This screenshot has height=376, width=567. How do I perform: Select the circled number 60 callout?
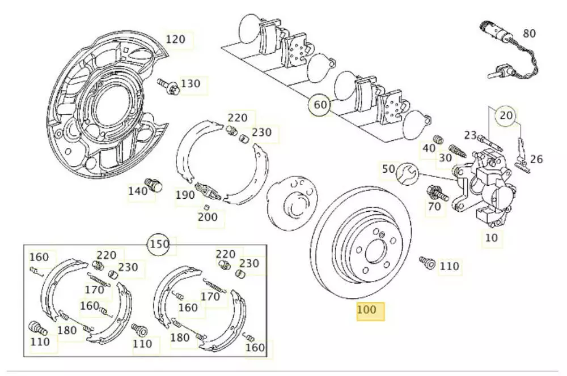tap(320, 105)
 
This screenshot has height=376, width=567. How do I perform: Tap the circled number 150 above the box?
tap(159, 245)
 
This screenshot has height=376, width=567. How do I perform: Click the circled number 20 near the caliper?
tap(506, 116)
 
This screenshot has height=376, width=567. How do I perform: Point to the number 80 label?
tap(529, 34)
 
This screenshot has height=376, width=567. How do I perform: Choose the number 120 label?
tap(176, 40)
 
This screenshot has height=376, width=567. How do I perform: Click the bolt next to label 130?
tap(168, 86)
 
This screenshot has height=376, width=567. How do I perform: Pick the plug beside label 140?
tap(154, 184)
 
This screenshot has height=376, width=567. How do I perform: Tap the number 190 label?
tap(185, 195)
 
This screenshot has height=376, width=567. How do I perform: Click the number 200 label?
tap(208, 216)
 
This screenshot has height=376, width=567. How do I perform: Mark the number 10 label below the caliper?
tap(492, 238)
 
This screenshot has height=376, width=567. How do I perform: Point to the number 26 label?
tap(536, 160)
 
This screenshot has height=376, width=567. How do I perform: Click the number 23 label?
tap(471, 135)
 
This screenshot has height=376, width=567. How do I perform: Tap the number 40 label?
tap(429, 148)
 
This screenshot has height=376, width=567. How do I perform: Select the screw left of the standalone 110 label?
tap(426, 262)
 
